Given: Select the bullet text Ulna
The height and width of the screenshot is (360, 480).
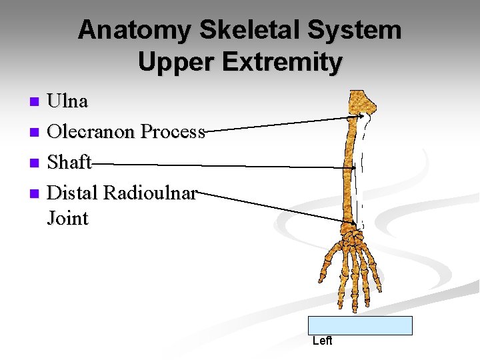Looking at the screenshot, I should (x=67, y=101).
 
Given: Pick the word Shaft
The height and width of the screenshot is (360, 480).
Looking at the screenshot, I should (x=69, y=163).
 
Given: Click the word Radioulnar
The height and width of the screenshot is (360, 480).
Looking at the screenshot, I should (x=149, y=193).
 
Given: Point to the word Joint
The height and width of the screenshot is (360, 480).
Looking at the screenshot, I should (x=67, y=218).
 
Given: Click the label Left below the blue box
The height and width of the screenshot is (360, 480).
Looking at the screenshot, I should (x=322, y=341).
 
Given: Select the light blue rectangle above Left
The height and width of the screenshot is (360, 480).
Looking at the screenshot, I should (x=360, y=325).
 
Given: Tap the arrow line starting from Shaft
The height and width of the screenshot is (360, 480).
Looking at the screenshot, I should (x=220, y=165).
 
